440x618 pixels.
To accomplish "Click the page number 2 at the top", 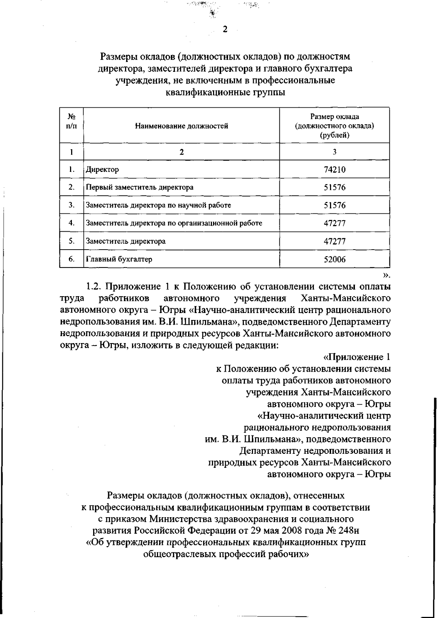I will coord(225,30).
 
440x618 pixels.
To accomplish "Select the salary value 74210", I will coord(334,170).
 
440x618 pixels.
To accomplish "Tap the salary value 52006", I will coord(334,260).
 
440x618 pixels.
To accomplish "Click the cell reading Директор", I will coord(102,170).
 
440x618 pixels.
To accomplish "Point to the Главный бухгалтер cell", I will coord(119,259).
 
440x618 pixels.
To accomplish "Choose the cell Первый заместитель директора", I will coord(139,187).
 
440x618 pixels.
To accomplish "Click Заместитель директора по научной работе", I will coord(158,205).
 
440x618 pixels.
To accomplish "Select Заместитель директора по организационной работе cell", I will coord(174,223).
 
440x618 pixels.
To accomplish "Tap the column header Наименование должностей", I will coord(181,126).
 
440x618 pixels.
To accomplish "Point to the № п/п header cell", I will coord(71,121).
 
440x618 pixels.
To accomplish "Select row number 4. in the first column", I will coord(71,223).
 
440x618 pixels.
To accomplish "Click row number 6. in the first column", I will coord(71,259).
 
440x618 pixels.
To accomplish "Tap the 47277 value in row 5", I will coord(334,242).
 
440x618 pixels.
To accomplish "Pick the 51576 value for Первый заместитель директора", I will coord(334,187).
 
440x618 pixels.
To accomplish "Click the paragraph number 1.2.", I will coord(94,286).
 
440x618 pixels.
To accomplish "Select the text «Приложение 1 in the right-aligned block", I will coord(356,357).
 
